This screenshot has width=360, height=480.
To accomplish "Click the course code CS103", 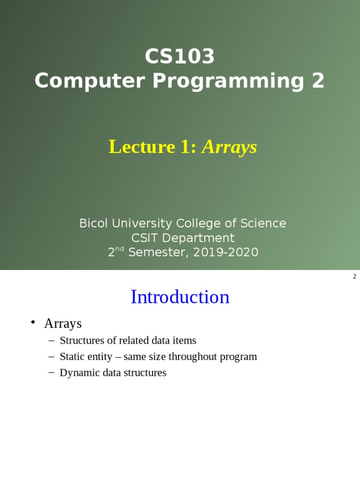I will tap(180, 57).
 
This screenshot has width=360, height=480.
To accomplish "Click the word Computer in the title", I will tap(90, 81).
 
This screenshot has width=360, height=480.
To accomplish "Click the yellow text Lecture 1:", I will tap(152, 147).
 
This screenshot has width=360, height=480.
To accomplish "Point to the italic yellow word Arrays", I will tap(229, 147).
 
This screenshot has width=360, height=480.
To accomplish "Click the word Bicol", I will tap(93, 223).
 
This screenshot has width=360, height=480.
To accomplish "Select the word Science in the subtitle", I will tap(263, 223).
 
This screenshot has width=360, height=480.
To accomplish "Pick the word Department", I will tap(198, 238).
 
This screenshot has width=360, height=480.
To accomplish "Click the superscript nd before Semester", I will tap(120, 249).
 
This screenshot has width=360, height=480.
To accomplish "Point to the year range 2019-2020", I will tap(225, 252).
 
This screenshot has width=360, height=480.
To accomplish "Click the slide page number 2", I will tap(354, 277).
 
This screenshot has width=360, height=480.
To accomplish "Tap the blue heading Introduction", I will tap(180, 297).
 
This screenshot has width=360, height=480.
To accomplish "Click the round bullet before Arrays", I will tap(33, 322).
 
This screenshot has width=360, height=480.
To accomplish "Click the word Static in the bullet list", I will tap(72, 357).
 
